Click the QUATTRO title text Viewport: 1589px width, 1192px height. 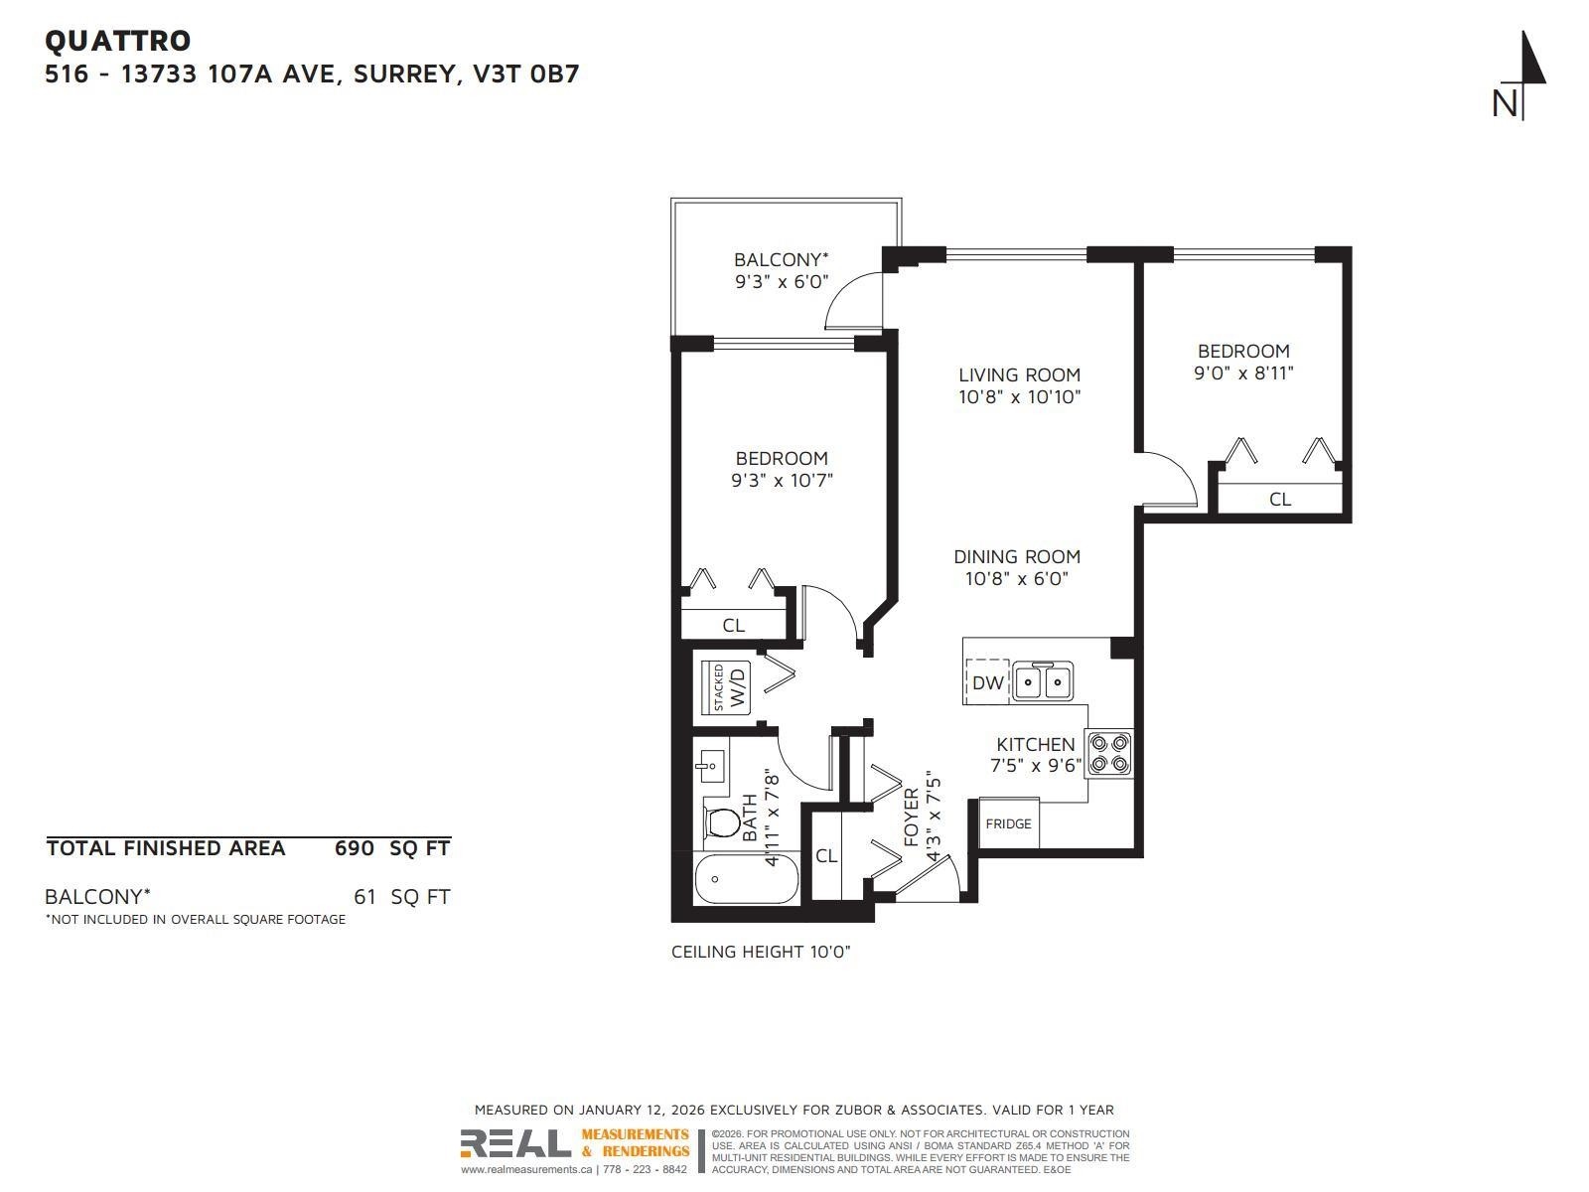(117, 41)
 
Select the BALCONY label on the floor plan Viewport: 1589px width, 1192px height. (781, 259)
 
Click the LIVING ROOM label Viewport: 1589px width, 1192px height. (1019, 374)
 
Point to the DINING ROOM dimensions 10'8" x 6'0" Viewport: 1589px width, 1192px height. (1016, 578)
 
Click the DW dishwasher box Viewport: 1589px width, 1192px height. (987, 682)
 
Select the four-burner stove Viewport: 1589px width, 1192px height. (1109, 754)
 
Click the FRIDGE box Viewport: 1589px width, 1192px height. (1008, 823)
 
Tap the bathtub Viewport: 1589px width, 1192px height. (746, 879)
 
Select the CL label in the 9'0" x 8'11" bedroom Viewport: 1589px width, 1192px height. (1280, 499)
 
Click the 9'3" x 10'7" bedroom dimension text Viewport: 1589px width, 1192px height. (782, 481)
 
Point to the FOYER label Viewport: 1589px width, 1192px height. (911, 817)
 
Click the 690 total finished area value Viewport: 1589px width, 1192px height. (354, 848)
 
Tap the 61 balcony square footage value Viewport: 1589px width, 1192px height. (364, 897)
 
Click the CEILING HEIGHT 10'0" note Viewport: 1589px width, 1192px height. (761, 952)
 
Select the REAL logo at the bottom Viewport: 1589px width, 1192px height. (515, 1144)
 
